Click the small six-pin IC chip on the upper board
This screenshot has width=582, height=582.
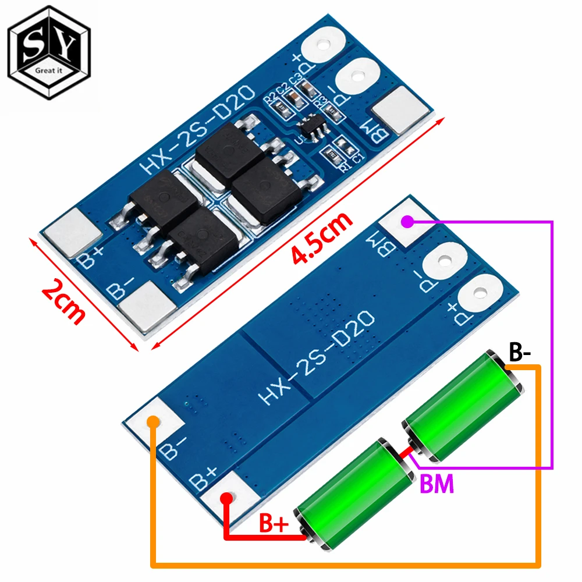coord(308,129)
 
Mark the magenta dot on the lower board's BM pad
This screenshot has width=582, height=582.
coord(408,221)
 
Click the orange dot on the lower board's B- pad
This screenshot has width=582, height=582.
coord(152,421)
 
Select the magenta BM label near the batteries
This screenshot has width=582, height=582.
coord(436,484)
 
